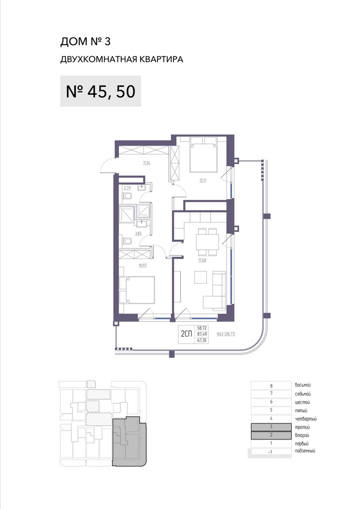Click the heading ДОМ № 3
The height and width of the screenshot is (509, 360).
pyautogui.click(x=85, y=42)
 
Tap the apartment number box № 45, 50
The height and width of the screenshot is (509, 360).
pyautogui.click(x=100, y=91)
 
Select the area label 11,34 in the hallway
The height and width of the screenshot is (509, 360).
pyautogui.click(x=147, y=163)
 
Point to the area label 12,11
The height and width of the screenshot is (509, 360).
pyautogui.click(x=203, y=181)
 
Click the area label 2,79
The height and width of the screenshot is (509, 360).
pyautogui.click(x=127, y=188)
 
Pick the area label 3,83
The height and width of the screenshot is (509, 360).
pyautogui.click(x=138, y=233)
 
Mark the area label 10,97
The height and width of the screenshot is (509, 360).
pyautogui.click(x=142, y=265)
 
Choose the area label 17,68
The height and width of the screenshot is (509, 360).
pyautogui.click(x=202, y=260)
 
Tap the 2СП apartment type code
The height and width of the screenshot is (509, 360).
pyautogui.click(x=186, y=334)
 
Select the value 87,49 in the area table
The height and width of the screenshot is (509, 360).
pyautogui.click(x=202, y=334)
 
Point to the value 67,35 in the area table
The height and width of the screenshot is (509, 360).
pyautogui.click(x=202, y=340)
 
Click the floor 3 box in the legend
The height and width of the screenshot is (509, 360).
pyautogui.click(x=271, y=427)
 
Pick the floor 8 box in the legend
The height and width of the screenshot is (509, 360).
pyautogui.click(x=271, y=386)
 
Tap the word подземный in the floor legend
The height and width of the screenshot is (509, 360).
pyautogui.click(x=305, y=451)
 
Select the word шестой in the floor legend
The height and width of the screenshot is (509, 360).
pyautogui.click(x=302, y=403)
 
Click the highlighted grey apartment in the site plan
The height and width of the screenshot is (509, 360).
pyautogui.click(x=129, y=442)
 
